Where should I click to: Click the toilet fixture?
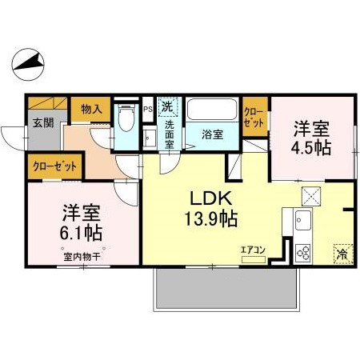point(126,120)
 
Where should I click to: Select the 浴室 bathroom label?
point(212,134)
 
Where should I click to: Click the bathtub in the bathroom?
point(212,110)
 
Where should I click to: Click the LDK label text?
point(210,197)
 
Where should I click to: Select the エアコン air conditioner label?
point(252,250)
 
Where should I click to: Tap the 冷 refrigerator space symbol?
point(342,254)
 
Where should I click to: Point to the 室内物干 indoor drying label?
point(82,257)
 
